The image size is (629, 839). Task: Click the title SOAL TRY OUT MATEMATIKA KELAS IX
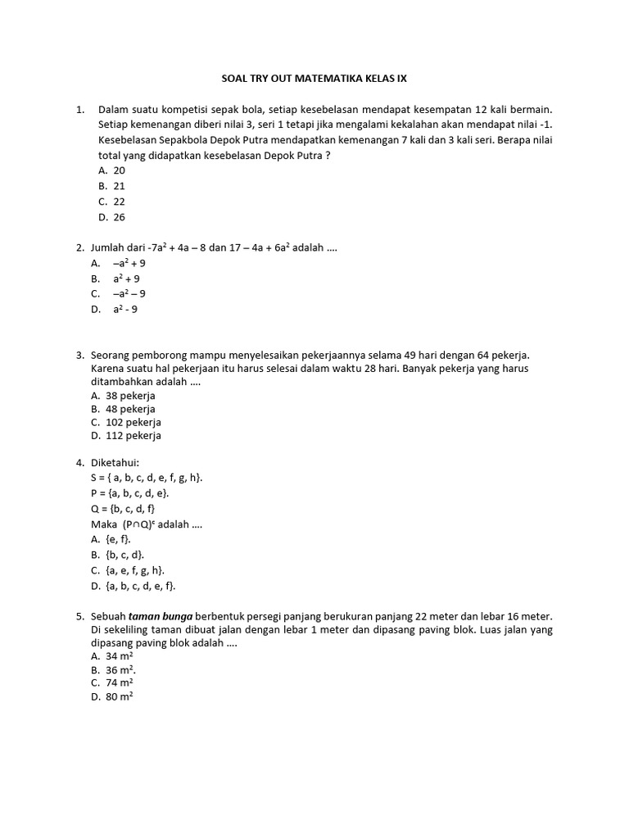[314, 79]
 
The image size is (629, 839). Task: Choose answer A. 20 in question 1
[111, 170]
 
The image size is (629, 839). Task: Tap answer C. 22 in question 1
[111, 202]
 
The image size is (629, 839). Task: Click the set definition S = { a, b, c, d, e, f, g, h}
[147, 477]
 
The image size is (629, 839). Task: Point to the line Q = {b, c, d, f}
[123, 508]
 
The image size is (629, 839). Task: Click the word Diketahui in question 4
[119, 462]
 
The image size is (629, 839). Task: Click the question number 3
[80, 355]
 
